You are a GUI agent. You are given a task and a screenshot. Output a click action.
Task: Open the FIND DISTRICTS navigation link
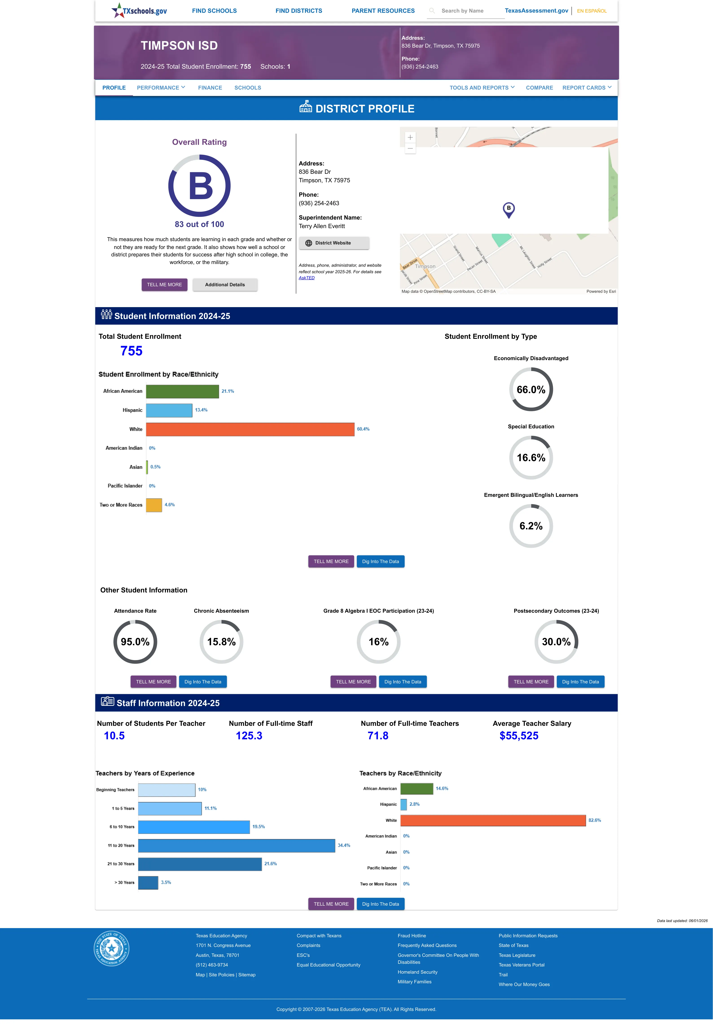(x=298, y=11)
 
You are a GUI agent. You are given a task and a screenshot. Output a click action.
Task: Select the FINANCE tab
(x=210, y=88)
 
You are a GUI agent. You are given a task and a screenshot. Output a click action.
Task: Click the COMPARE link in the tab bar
(x=539, y=88)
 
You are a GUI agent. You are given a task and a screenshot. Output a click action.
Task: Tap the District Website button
(x=334, y=243)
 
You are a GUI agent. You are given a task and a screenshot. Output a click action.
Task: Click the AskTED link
(x=307, y=278)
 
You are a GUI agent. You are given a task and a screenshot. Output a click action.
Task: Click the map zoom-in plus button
(x=410, y=137)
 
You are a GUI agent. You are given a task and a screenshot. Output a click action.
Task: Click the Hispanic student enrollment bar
(x=169, y=410)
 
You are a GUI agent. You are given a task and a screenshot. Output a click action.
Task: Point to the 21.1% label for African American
(x=228, y=391)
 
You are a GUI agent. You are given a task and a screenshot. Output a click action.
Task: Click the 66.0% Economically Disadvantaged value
(x=531, y=390)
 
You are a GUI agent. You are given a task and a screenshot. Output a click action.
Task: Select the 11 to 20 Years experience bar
(x=236, y=845)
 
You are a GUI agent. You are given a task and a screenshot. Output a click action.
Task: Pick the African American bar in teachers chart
(x=417, y=788)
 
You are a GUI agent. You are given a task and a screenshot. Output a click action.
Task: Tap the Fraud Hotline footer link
(x=411, y=936)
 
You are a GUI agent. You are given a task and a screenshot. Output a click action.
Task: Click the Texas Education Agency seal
(x=111, y=948)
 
